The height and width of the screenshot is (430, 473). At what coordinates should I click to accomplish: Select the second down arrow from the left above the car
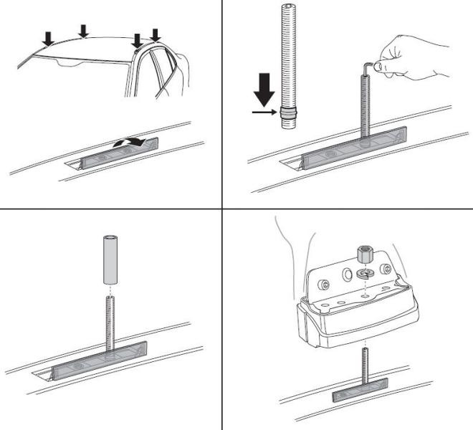point(84,30)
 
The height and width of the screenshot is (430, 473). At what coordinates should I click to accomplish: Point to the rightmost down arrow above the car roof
point(156,34)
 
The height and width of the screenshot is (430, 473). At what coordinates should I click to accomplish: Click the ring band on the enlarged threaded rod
point(287,113)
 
